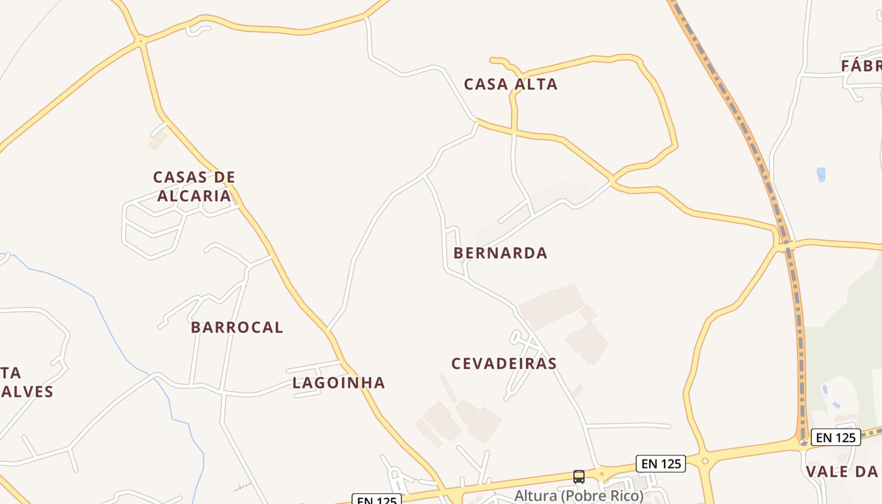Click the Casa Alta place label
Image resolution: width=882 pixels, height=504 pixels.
(510, 84)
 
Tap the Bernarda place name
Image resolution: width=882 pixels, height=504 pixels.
(500, 253)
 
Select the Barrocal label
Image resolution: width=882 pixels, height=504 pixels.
(237, 327)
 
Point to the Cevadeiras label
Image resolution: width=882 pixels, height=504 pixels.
(504, 364)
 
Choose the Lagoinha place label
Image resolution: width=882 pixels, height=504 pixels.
(338, 382)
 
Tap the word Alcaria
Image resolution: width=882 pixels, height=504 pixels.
(194, 196)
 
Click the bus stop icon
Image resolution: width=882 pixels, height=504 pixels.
(579, 477)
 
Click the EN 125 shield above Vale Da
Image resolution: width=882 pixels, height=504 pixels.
(835, 437)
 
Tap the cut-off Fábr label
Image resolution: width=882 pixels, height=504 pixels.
(861, 66)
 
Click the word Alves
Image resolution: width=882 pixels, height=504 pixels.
(27, 391)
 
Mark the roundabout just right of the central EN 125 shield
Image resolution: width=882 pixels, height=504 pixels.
(705, 461)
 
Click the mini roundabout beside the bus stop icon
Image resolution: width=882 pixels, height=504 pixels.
(602, 473)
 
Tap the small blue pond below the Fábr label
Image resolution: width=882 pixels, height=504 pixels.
(820, 175)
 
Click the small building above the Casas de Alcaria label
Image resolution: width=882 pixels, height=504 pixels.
(157, 140)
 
